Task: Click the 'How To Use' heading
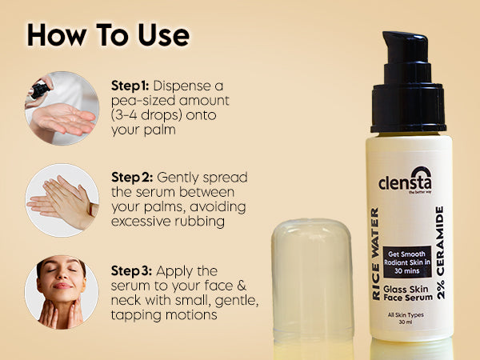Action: (108, 35)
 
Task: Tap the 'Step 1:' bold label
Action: (130, 86)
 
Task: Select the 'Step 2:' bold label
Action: (132, 178)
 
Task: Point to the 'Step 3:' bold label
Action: (131, 271)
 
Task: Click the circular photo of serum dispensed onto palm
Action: (62, 108)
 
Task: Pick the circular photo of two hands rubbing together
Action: (62, 200)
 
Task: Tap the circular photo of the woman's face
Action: (62, 292)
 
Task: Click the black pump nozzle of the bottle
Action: (408, 82)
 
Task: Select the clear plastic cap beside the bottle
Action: (312, 279)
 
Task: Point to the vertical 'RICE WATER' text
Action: (375, 254)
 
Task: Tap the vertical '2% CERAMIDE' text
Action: (440, 253)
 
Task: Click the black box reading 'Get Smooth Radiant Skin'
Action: (407, 262)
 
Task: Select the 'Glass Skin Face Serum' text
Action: (408, 294)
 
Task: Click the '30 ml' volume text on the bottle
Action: (406, 322)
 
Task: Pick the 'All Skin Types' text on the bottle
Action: (406, 314)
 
